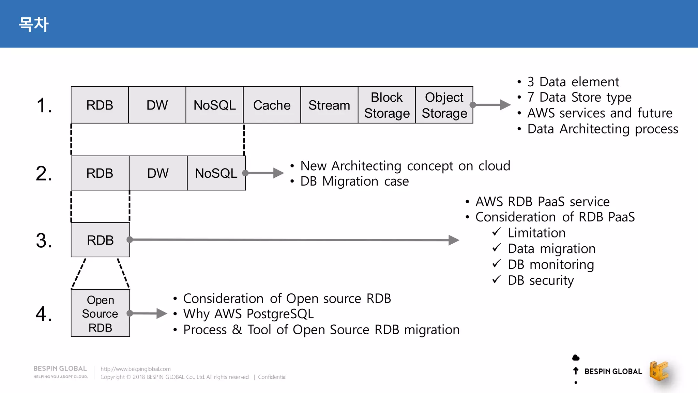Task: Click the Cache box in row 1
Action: pyautogui.click(x=272, y=105)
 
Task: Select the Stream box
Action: pyautogui.click(x=329, y=105)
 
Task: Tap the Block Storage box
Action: pyautogui.click(x=386, y=105)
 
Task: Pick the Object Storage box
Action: pyautogui.click(x=444, y=105)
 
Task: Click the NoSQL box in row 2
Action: pyautogui.click(x=216, y=173)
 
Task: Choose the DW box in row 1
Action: pyautogui.click(x=157, y=105)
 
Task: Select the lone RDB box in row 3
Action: pyautogui.click(x=100, y=240)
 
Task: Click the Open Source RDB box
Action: pyautogui.click(x=100, y=313)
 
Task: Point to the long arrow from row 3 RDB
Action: pyautogui.click(x=293, y=240)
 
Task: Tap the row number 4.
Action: pyautogui.click(x=44, y=314)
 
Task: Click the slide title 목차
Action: pyautogui.click(x=33, y=24)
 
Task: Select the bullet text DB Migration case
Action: pyautogui.click(x=354, y=181)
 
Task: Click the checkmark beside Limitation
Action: pyautogui.click(x=497, y=232)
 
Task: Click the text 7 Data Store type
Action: pyautogui.click(x=579, y=97)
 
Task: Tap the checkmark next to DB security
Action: pyautogui.click(x=497, y=279)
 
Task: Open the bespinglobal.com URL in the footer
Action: pyautogui.click(x=135, y=369)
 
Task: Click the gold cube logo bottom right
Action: pyautogui.click(x=659, y=371)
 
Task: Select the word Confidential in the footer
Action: pyautogui.click(x=272, y=377)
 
